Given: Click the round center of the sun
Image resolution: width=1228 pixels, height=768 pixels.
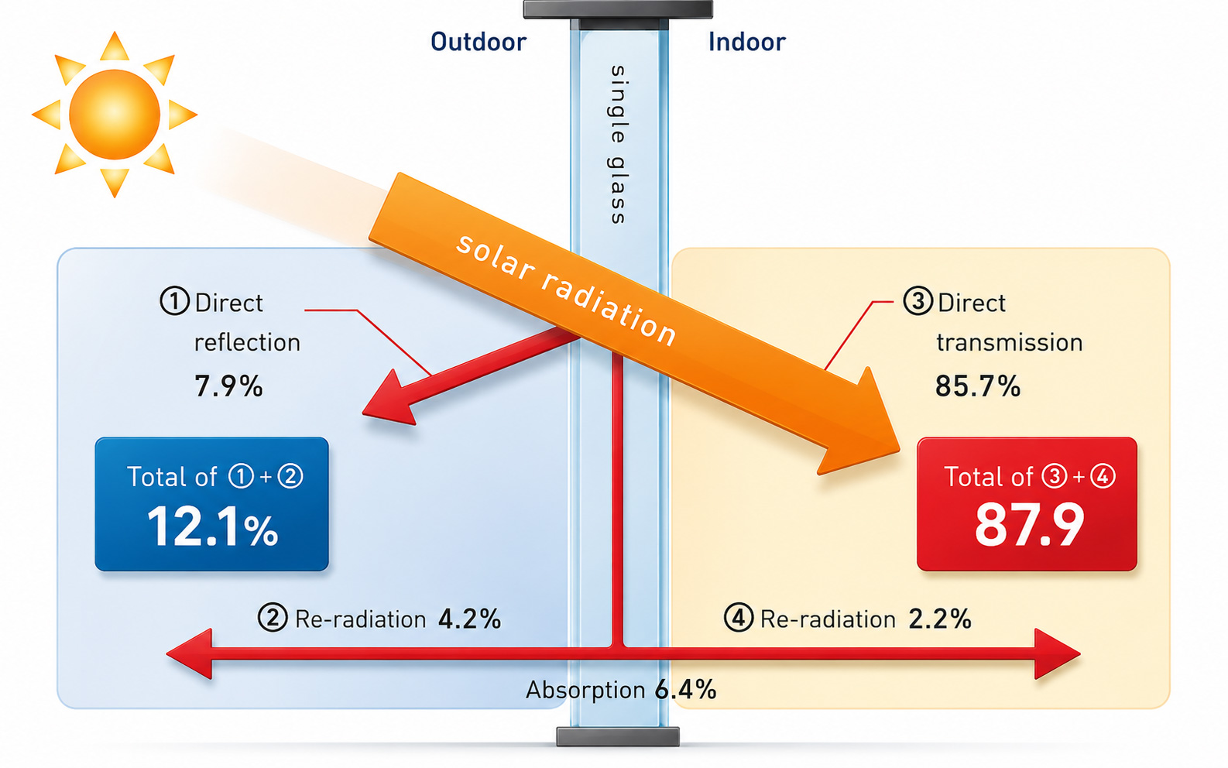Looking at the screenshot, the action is coord(114,114).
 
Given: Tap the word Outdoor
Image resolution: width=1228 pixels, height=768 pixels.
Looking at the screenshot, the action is coord(478,43).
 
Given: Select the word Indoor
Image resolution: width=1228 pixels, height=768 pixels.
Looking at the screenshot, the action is coord(746,43).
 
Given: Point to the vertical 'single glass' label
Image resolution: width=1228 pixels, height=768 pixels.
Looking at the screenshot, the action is coord(618,145).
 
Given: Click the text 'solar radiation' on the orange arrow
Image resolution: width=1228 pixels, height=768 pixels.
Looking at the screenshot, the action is coord(566,290).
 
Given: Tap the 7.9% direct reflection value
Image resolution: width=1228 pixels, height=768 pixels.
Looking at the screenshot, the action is coord(228,386).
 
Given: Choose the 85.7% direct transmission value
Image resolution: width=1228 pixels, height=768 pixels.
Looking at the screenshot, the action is coord(977,386).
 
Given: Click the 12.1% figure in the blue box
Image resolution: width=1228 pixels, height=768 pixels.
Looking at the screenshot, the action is coord(213,526).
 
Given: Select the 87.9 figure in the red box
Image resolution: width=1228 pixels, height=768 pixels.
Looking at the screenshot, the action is coord(1029,525).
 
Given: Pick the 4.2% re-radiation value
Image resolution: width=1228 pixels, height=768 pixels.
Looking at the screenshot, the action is coord(469,619).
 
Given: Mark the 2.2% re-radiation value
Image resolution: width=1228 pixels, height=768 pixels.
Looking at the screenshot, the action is coord(940,619).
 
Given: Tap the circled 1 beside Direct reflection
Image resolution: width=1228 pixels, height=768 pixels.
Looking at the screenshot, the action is coord(174,301).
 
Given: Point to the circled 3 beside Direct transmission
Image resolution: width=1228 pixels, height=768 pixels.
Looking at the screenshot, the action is coord(918,301).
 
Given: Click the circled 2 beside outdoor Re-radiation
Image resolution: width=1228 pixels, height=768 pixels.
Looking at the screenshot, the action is coord(273,618).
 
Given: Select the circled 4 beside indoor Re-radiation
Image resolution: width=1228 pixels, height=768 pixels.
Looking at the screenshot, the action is coord(738,618).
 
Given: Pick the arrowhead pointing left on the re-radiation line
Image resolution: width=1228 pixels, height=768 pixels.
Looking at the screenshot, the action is coord(190,654).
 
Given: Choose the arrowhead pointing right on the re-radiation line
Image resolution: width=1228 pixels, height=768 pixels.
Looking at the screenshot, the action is coord(1057,654).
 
